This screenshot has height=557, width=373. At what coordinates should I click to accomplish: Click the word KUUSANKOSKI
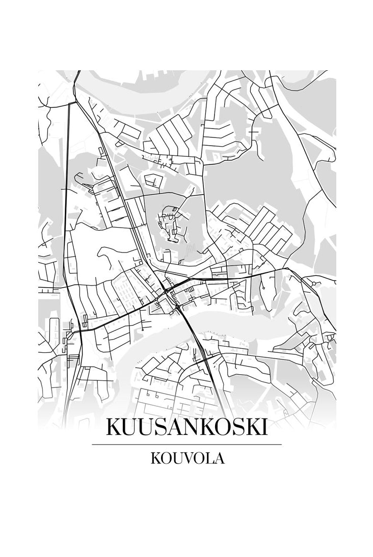tap(186, 427)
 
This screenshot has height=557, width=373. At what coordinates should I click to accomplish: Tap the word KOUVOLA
tap(187, 458)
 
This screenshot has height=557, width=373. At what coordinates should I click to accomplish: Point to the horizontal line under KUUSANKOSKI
tap(186, 444)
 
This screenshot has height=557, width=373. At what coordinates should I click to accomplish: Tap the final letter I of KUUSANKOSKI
tap(263, 427)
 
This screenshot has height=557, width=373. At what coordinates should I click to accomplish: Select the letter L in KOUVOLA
tap(209, 458)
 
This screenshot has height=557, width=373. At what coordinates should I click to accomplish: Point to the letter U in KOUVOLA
tap(176, 458)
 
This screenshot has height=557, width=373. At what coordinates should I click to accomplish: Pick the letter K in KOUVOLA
tap(155, 458)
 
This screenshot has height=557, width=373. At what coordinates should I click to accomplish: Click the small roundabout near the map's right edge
tap(315, 282)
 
